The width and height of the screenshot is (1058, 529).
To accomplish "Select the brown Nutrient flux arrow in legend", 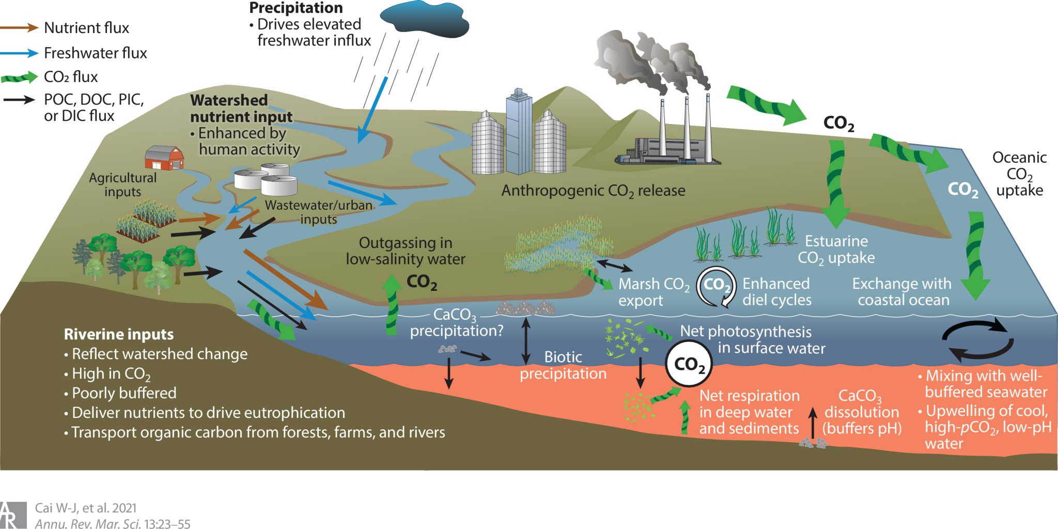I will (x=20, y=27).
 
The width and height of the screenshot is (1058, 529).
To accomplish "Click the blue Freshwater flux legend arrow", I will (x=20, y=53).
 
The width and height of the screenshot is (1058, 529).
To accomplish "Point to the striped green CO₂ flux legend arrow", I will (x=20, y=77).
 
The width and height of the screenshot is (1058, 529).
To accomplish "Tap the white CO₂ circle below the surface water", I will (x=689, y=364).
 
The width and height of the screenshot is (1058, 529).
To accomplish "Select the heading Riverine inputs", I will (x=118, y=334).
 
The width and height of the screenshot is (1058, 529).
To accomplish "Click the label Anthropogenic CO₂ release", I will (x=593, y=191).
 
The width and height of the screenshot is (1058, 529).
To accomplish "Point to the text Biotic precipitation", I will (x=563, y=365).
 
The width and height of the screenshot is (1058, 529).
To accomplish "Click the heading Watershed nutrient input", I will (x=241, y=108).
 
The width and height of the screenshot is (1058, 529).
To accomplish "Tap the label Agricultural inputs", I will (x=122, y=184).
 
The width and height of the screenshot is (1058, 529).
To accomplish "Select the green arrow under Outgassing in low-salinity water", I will (x=392, y=305).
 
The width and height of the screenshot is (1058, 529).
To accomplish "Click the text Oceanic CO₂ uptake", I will (x=1019, y=174).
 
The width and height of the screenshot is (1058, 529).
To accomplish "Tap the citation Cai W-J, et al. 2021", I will (x=86, y=508).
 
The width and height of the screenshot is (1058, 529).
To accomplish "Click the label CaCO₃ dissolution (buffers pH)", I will (x=861, y=412).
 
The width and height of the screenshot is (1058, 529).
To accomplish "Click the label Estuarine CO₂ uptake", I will (x=836, y=249).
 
